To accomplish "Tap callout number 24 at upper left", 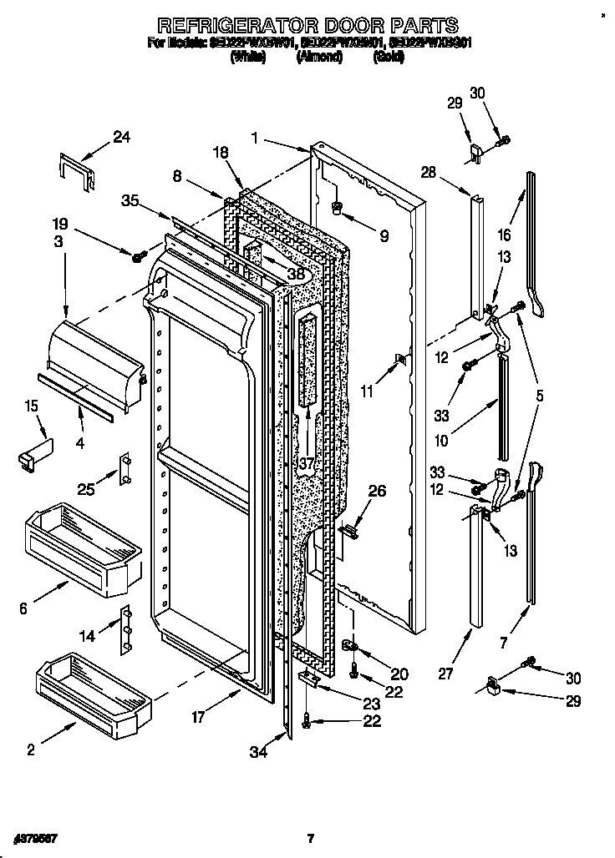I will click(122, 138).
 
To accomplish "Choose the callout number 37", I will click(307, 462).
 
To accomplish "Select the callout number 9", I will click(384, 236).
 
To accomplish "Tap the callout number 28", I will click(428, 173).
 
